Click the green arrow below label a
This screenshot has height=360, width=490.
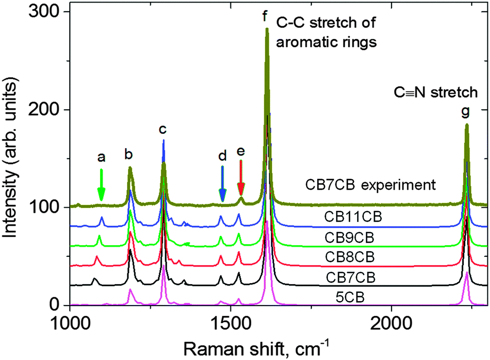coord(102,185)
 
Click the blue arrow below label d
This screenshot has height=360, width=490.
coord(222,185)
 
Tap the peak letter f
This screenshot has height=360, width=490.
coord(265,16)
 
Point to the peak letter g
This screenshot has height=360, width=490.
coord(465,111)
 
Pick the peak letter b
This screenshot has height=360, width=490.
coord(129,153)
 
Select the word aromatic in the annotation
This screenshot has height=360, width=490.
coord(302,42)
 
